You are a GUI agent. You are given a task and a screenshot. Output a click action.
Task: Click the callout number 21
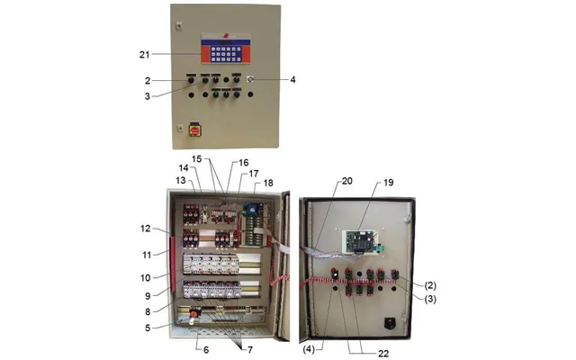tap(144, 55)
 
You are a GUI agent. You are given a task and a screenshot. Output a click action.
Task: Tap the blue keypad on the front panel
tap(226, 54)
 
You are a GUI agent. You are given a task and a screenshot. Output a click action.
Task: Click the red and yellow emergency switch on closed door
tap(194, 130)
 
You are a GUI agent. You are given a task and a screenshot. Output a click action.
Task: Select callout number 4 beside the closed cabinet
tap(292, 80)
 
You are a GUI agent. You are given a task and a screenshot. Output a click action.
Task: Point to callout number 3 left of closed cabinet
tap(148, 96)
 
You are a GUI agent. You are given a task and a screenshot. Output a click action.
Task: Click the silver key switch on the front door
tap(250, 79)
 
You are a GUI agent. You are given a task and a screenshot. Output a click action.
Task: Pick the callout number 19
tap(388, 183)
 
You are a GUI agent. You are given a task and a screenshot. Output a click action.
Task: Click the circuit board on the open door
tap(360, 241)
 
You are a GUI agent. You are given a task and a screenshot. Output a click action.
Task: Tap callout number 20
tap(347, 181)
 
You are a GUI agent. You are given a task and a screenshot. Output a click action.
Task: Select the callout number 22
tap(383, 354)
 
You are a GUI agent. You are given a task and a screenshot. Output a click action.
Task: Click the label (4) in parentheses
tap(309, 349)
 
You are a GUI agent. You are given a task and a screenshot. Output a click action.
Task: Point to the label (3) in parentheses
tap(430, 300)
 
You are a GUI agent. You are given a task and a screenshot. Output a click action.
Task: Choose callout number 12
tap(146, 229)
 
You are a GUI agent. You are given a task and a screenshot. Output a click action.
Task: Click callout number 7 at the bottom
tap(250, 350)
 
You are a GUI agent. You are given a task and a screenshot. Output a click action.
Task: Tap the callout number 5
tap(148, 328)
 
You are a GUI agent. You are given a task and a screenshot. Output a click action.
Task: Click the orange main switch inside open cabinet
tap(194, 314)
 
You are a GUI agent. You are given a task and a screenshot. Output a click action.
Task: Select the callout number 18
tap(268, 183)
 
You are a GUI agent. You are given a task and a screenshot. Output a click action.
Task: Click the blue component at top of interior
tap(252, 210)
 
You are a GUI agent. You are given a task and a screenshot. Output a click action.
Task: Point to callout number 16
tap(244, 163)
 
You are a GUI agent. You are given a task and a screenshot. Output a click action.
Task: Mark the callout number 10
tap(146, 278)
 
